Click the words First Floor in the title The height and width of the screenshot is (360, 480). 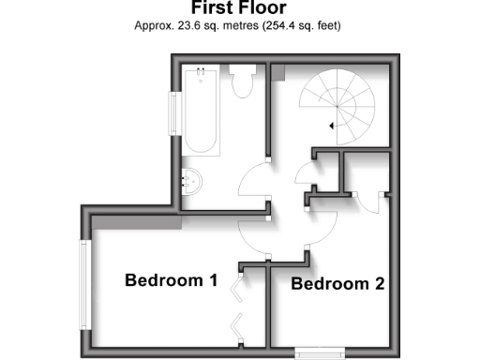(x=240, y=8)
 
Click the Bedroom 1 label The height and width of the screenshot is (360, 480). (x=172, y=279)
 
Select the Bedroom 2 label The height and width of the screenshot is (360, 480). (x=337, y=283)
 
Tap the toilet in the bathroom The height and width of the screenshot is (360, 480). (x=243, y=82)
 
